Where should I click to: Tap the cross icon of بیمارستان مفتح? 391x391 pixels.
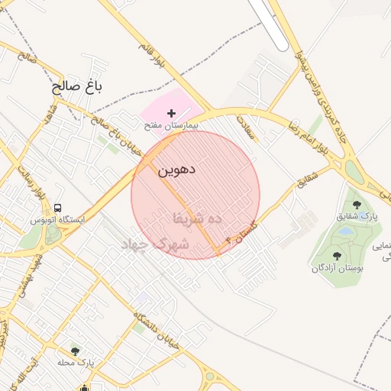(171, 113)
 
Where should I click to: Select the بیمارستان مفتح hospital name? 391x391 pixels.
(171, 124)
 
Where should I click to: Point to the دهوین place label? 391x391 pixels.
(176, 170)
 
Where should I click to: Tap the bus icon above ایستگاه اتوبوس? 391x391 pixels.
(58, 208)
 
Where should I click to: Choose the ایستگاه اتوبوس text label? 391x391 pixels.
(57, 220)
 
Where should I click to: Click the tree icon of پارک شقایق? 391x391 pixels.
(357, 205)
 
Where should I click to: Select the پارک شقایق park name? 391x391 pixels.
(357, 217)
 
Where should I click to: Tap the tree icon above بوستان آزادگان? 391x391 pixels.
(337, 256)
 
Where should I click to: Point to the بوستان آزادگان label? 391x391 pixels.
(337, 268)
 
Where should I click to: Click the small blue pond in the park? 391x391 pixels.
(346, 231)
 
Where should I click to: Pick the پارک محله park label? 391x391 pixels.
(75, 363)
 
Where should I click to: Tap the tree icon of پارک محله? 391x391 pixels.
(75, 351)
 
